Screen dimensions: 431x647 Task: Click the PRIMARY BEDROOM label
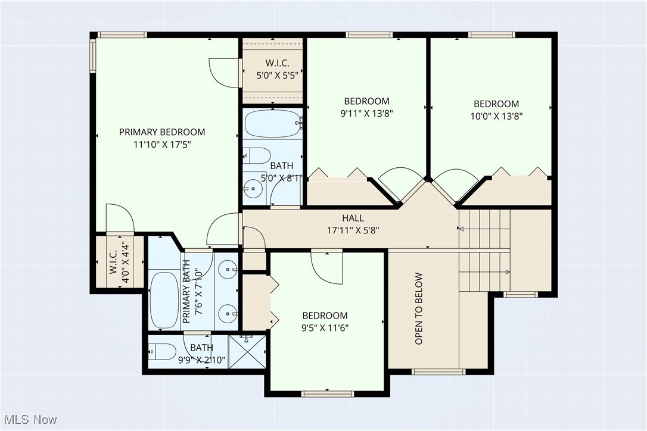tap(162, 132)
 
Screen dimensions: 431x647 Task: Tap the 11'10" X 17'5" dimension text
tap(162, 144)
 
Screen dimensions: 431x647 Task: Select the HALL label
tap(353, 218)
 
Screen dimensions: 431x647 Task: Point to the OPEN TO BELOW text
tap(419, 308)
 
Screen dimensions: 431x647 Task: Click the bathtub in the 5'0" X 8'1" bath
tap(272, 124)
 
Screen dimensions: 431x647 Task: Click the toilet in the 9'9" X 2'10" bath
tap(163, 352)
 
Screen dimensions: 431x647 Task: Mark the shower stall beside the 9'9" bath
tap(247, 352)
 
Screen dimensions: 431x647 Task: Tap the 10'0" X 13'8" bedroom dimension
tap(496, 116)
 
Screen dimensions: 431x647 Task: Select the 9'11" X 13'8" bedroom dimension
tap(366, 113)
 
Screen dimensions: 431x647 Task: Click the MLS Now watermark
tap(29, 420)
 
